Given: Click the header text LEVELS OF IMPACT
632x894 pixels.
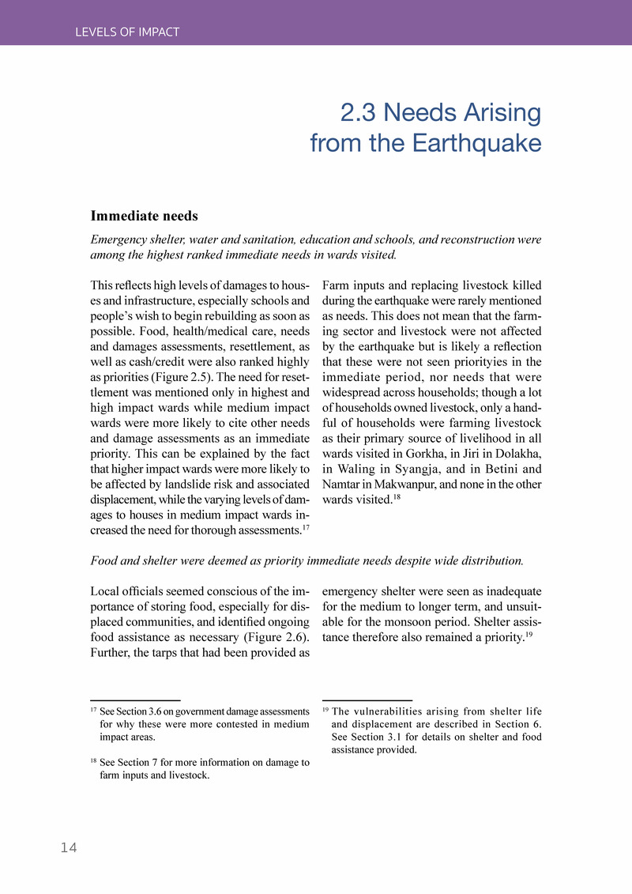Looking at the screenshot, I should [127, 32].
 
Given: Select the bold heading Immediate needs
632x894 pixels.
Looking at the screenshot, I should [144, 216].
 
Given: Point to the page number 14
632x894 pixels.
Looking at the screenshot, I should [69, 848].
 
